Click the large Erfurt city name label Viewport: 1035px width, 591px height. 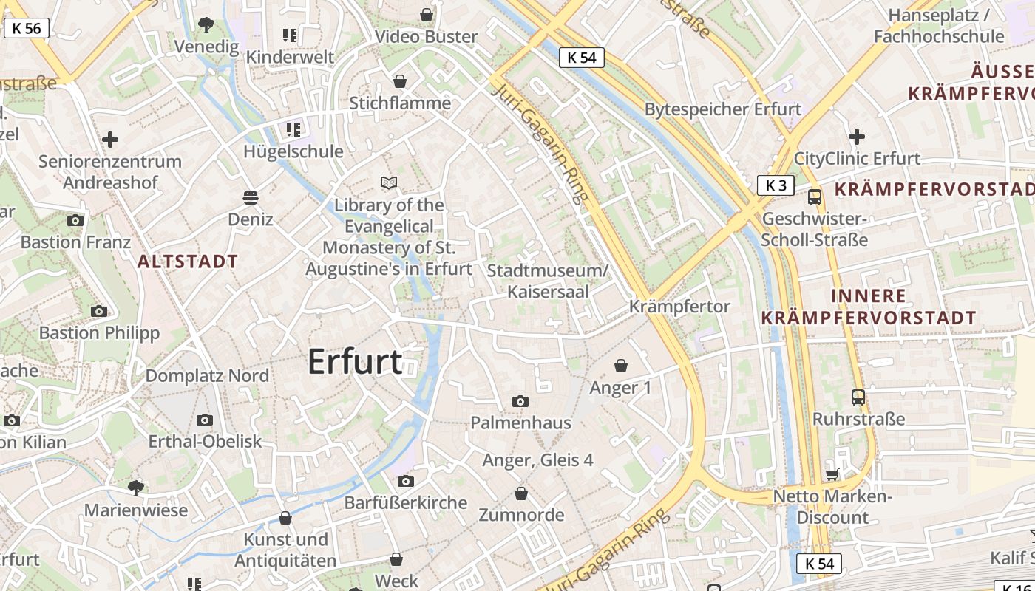click(x=355, y=362)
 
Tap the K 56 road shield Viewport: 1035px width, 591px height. click(x=27, y=29)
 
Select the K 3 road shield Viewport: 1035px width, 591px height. click(x=776, y=185)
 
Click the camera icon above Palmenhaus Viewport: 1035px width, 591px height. click(x=520, y=401)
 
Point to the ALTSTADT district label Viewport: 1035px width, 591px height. click(x=188, y=261)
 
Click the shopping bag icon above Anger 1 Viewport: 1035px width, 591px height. click(x=621, y=366)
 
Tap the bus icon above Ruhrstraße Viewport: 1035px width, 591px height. click(x=858, y=397)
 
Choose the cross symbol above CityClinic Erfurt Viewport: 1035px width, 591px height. click(x=857, y=137)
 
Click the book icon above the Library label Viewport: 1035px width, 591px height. click(x=389, y=182)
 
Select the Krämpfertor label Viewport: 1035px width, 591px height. click(x=679, y=307)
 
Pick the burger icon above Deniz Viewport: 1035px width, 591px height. click(x=251, y=197)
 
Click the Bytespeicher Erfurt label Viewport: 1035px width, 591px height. click(x=723, y=109)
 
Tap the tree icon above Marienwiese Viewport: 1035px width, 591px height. click(x=135, y=488)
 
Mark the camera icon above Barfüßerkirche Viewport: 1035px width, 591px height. click(x=406, y=482)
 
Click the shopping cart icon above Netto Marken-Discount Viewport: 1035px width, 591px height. click(x=832, y=474)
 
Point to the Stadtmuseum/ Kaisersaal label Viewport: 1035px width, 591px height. click(x=548, y=281)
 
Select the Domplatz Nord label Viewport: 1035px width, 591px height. click(x=207, y=375)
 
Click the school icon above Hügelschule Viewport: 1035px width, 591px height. click(x=293, y=130)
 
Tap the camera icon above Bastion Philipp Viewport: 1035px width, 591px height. click(x=99, y=311)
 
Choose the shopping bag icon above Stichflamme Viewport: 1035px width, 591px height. click(x=400, y=81)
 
